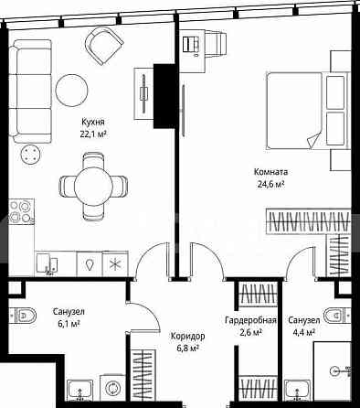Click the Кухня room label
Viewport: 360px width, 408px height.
coord(93,122)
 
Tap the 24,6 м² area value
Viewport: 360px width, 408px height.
coord(271,185)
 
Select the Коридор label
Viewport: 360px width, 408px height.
coord(187,337)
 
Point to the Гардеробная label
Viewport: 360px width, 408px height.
coord(250,320)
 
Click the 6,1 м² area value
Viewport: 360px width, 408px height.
coord(69,324)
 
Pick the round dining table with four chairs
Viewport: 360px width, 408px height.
coord(93,186)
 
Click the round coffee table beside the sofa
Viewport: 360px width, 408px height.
coord(71,91)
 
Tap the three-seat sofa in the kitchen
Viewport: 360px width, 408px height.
coord(30,91)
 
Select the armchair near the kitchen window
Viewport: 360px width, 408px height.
coord(104,46)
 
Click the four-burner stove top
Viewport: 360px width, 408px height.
coord(21,212)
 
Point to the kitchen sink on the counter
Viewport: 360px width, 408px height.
coord(48,263)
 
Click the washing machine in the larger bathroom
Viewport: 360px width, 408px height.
coord(112,388)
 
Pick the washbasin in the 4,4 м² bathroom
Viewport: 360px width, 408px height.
coord(298,391)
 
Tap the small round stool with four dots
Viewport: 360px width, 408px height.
coord(30,154)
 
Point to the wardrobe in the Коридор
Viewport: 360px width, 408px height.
coord(143,376)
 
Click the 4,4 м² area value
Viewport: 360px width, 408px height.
coord(303,332)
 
